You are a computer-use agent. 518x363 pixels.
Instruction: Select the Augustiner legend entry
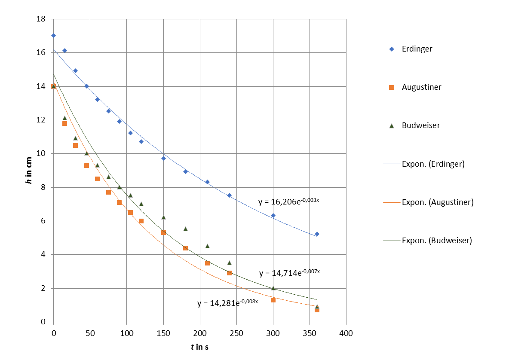click(x=421, y=87)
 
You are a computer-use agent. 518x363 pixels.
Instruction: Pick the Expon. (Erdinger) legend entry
click(x=433, y=164)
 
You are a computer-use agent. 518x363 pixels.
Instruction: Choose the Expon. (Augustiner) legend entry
click(x=437, y=202)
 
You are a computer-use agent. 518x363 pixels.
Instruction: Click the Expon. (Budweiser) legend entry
click(x=436, y=241)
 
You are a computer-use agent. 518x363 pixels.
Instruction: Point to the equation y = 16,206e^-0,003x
click(x=288, y=201)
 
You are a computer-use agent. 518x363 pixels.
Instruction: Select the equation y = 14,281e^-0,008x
click(x=227, y=303)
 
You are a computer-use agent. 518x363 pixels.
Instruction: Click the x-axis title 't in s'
click(x=199, y=347)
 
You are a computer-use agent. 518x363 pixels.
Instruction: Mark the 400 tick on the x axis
click(x=346, y=333)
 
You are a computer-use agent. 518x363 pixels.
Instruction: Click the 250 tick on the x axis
click(x=236, y=333)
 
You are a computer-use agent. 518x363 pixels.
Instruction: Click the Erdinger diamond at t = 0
click(x=53, y=36)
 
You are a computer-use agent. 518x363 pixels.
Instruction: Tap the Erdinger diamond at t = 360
click(x=317, y=234)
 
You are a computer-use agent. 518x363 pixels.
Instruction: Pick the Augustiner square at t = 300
click(x=273, y=300)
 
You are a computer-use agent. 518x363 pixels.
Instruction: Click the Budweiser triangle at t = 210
click(x=207, y=246)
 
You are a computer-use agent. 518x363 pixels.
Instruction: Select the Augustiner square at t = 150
click(x=163, y=232)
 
